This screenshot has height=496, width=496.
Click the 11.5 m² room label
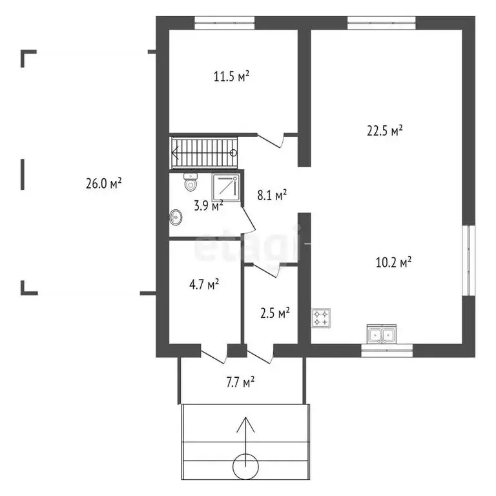[232, 76]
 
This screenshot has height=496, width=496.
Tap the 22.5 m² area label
[385, 130]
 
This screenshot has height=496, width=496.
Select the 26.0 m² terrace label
[104, 183]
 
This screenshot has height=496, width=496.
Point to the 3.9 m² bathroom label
[209, 206]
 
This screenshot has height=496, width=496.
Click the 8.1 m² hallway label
[272, 194]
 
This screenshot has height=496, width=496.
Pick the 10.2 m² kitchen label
[394, 262]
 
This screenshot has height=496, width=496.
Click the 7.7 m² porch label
[240, 382]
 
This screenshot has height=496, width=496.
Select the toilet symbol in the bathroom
[191, 183]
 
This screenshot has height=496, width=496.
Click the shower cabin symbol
[225, 187]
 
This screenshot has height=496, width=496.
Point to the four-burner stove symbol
[321, 317]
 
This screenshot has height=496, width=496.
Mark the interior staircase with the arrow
[204, 153]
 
